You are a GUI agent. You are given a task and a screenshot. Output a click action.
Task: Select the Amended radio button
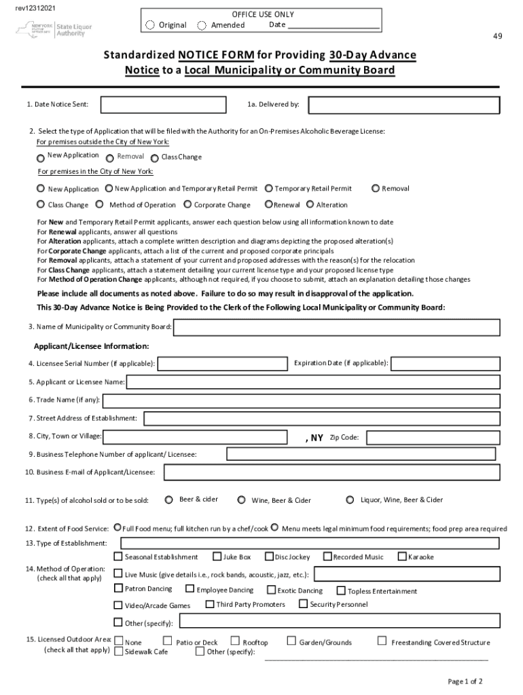(x=202, y=25)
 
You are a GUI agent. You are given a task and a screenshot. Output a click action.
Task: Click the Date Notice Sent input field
(x=163, y=105)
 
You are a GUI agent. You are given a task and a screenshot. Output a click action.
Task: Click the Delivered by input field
(x=403, y=105)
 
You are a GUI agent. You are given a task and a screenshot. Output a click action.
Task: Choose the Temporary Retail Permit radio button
(x=269, y=189)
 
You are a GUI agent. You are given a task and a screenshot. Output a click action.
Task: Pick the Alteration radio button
(x=310, y=204)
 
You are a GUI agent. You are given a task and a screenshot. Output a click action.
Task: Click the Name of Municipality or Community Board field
(x=337, y=327)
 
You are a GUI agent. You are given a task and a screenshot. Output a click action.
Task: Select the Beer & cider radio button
(x=168, y=500)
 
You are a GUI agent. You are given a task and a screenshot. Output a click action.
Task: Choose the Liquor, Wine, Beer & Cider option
(x=350, y=500)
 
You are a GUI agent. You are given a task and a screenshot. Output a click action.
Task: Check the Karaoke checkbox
(x=402, y=557)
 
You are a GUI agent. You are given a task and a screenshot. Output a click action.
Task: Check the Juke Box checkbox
(x=217, y=557)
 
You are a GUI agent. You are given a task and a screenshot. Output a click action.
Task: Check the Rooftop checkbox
(x=236, y=641)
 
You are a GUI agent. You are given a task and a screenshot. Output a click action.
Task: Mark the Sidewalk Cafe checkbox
(x=119, y=652)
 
